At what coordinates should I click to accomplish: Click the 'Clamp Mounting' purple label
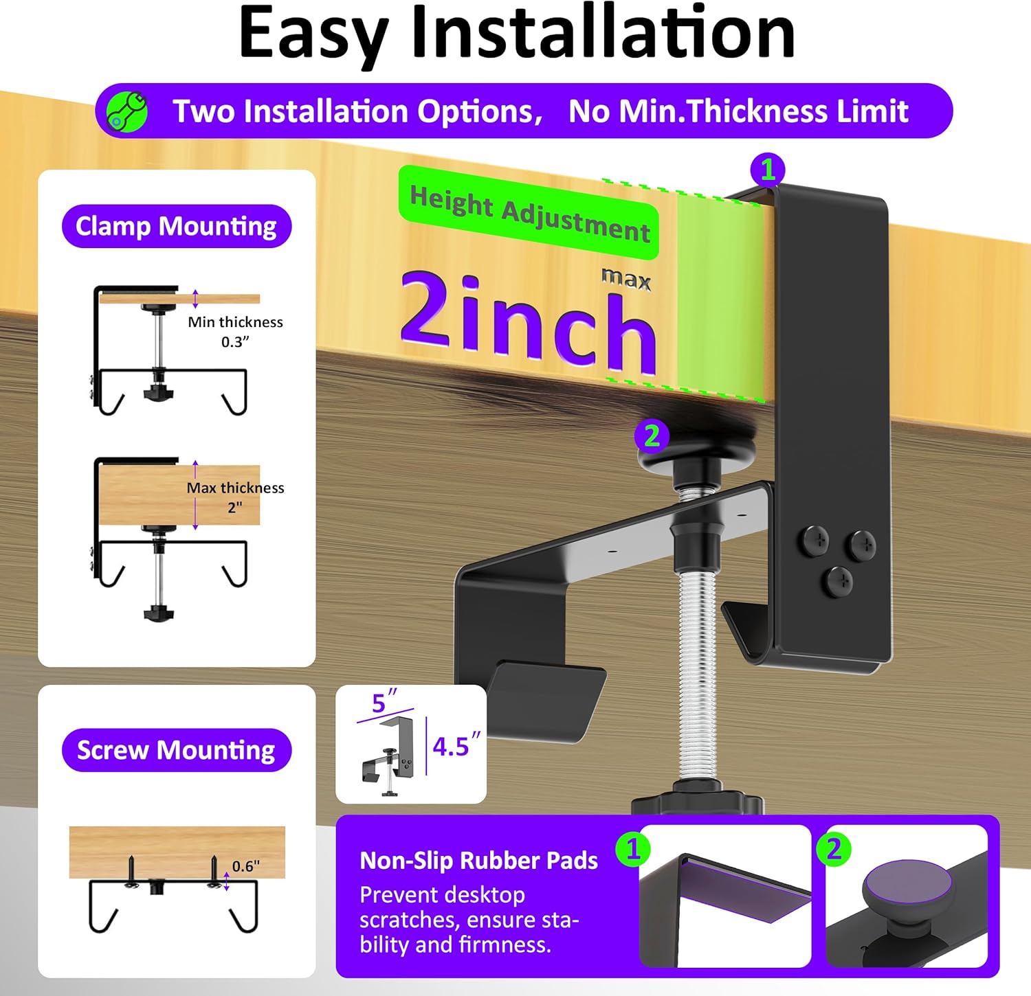pos(177,226)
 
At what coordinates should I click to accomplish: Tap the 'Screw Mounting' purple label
pos(177,750)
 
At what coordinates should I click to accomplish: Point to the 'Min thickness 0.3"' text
pos(235,332)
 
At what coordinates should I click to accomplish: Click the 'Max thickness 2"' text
pos(235,497)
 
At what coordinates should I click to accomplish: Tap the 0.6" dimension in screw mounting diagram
pos(245,867)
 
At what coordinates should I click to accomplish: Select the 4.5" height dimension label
pos(456,746)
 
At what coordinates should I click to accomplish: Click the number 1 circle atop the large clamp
pos(768,170)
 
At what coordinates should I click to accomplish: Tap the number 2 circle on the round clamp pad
pos(652,435)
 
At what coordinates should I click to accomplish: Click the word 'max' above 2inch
pos(626,279)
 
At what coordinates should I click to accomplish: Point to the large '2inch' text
pos(528,321)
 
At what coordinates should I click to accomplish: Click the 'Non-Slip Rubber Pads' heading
pos(478,861)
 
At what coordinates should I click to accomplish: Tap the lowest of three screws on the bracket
pos(838,582)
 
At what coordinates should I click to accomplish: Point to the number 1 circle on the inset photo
pos(633,849)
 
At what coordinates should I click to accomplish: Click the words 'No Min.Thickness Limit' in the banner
pos(738,111)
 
